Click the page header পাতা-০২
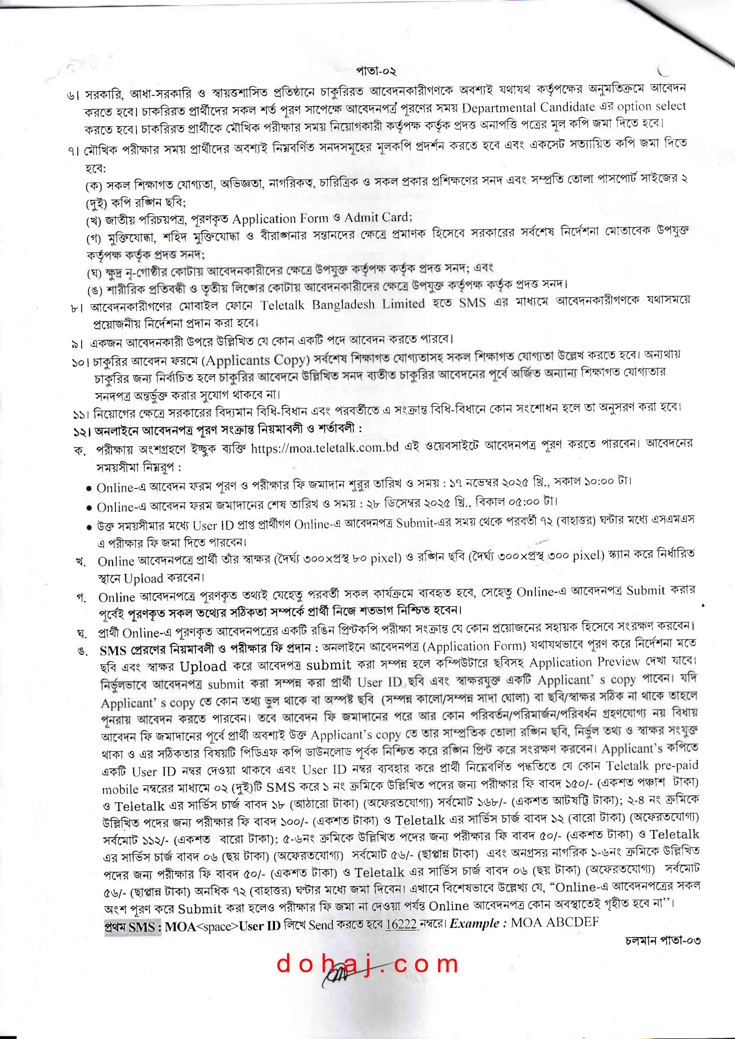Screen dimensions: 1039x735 pos(375,71)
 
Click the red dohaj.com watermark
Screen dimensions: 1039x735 pos(367,963)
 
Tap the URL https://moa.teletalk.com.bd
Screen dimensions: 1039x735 pos(324,448)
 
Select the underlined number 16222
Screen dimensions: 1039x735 pos(400,924)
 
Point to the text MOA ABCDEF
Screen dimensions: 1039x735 pos(555,922)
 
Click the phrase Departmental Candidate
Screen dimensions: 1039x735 pos(528,108)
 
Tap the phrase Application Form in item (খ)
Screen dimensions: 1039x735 pos(280,219)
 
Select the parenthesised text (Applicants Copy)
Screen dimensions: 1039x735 pos(256,361)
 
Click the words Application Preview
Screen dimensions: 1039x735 pos(584,663)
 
